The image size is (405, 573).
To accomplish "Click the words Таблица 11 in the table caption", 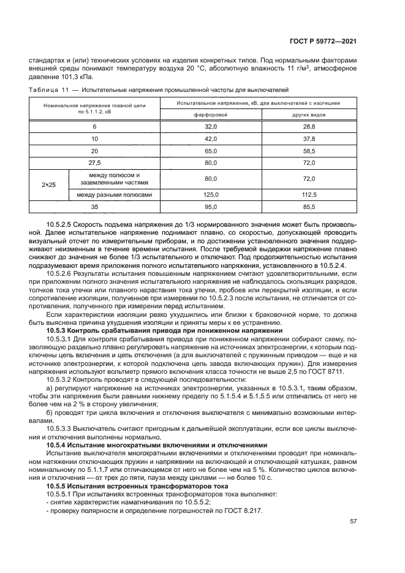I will click(x=47, y=89).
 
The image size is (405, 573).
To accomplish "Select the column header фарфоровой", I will click(x=211, y=115).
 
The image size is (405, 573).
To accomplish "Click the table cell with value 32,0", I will click(x=211, y=126).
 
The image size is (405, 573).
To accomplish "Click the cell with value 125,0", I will click(x=211, y=195).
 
